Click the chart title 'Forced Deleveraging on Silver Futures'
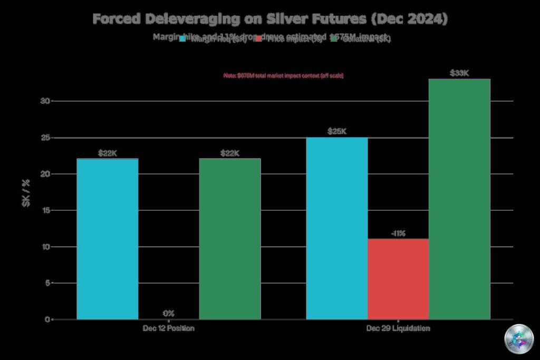pos(270,19)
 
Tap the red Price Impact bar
pos(398,279)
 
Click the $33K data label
pos(459,73)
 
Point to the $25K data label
pos(337,131)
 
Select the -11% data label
pos(398,233)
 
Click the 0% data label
pos(169,313)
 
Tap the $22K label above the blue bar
pos(108,153)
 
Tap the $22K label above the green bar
pos(230,153)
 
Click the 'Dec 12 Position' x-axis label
pos(169,328)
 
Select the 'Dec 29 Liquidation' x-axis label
pos(398,328)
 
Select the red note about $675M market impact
pos(284,76)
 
